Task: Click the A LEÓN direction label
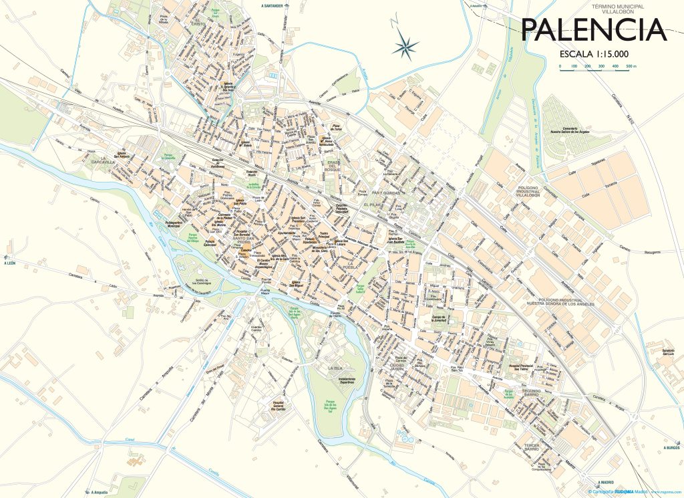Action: tap(9, 263)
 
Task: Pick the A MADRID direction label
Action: tap(606, 482)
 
